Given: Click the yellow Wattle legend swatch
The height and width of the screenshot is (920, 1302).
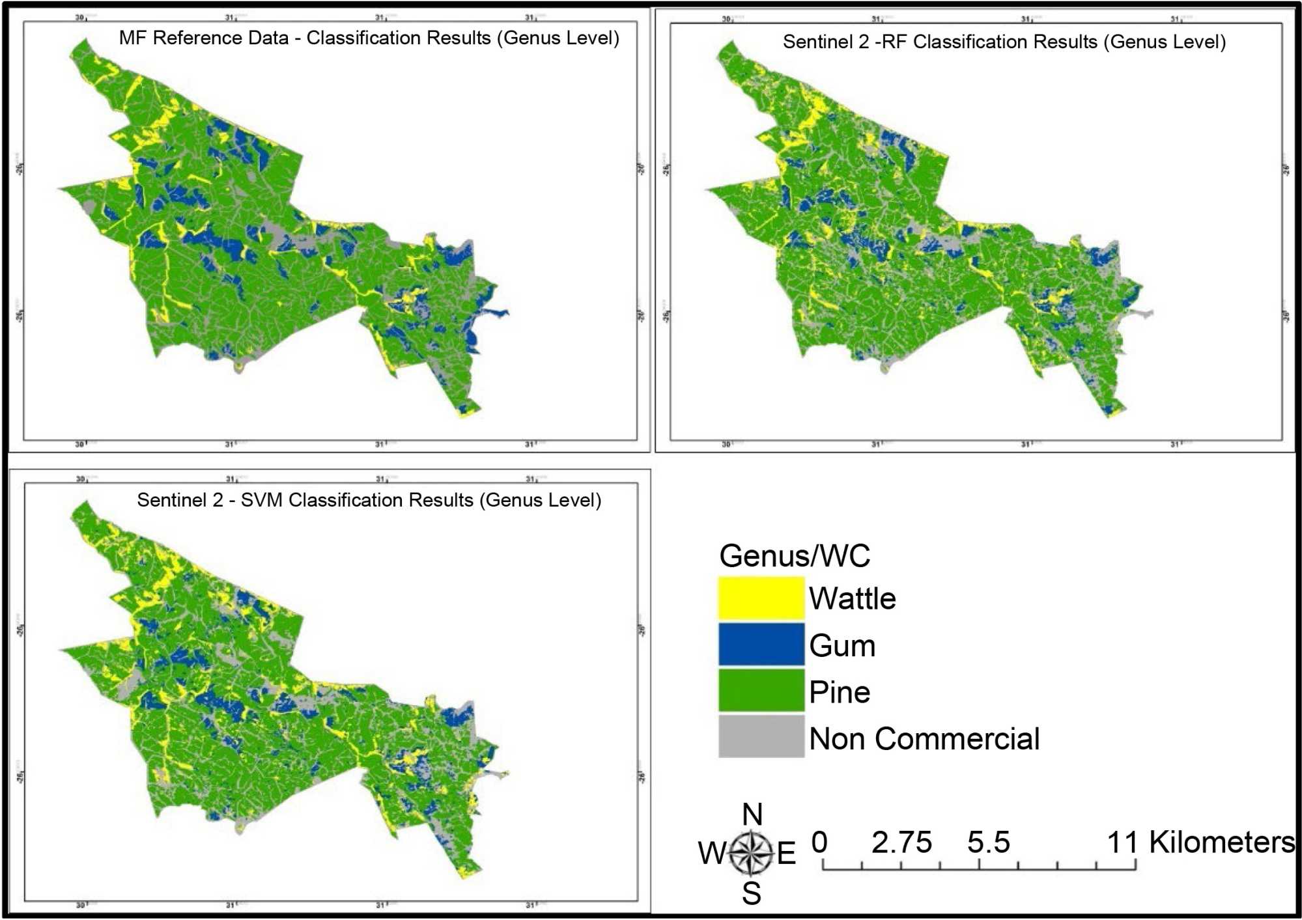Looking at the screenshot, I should coord(761,598).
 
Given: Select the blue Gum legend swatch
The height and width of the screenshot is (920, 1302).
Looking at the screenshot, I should coord(761,645).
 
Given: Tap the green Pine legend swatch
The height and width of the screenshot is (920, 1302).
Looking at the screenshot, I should coord(761,691).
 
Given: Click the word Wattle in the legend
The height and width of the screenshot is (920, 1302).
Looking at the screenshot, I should coord(852,598).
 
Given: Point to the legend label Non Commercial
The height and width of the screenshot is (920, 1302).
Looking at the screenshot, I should coord(924,739).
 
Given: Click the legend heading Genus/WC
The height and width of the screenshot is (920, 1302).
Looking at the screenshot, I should coord(794,555).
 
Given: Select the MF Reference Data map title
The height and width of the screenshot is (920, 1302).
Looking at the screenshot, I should coord(369,38).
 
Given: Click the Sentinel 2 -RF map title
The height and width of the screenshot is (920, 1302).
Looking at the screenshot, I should coord(1004,42).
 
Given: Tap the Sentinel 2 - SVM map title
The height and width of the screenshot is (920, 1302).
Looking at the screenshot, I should coord(369,500).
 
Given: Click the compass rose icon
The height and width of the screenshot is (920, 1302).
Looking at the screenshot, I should coord(750,852).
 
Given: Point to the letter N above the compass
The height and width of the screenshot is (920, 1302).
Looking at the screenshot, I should coord(752,815).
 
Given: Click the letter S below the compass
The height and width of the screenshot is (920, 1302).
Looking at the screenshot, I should coord(751,894).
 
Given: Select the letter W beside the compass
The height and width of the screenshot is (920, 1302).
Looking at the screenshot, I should coord(711,853).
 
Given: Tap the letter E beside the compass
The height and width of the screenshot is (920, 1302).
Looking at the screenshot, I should coord(786,853).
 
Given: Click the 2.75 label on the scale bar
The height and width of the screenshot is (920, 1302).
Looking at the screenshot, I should coord(901,843).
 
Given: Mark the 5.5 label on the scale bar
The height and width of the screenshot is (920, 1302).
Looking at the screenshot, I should coord(988,843).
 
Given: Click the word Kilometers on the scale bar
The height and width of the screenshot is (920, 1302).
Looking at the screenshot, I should coord(1221,843).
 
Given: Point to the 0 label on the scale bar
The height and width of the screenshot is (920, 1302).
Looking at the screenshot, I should coord(819,843).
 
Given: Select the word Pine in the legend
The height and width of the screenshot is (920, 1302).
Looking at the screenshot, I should coord(840,692).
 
